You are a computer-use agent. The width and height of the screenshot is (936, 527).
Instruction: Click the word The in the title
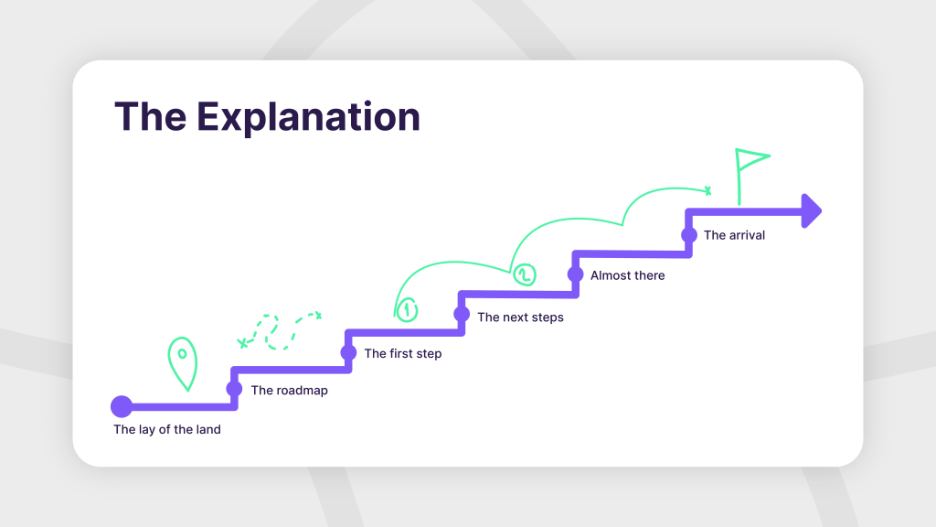tap(149, 117)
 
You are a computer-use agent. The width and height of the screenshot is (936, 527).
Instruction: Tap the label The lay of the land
tap(167, 429)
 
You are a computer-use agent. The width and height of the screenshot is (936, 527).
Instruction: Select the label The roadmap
tap(289, 391)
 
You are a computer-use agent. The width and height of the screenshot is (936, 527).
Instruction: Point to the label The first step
tap(402, 354)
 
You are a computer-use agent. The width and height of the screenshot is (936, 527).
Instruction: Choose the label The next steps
tap(520, 317)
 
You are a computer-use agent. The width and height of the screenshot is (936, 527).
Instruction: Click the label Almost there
tap(627, 275)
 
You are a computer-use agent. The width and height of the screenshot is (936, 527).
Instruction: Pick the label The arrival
tap(734, 235)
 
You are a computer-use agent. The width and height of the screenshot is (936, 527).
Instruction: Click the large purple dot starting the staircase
tap(122, 406)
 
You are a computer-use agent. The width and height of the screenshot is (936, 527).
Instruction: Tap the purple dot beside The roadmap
tap(234, 389)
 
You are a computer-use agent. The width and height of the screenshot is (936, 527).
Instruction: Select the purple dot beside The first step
tap(348, 352)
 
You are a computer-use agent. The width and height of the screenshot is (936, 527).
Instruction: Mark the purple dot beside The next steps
tap(462, 315)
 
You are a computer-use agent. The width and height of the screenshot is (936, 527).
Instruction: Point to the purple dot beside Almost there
tap(575, 274)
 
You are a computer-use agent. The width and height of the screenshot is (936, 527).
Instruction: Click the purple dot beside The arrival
tap(688, 234)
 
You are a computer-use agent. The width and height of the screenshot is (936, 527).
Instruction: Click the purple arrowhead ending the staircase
tap(810, 211)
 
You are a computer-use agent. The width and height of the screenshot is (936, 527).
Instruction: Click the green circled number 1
tap(407, 310)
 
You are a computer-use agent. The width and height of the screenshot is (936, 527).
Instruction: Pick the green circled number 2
tap(524, 274)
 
